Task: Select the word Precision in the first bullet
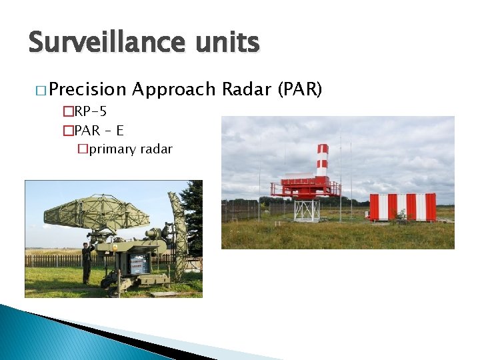87,89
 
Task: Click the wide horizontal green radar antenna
97,213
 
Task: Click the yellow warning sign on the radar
115,246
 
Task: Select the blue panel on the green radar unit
139,264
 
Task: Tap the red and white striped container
402,207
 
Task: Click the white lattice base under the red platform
307,210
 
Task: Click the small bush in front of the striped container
401,215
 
